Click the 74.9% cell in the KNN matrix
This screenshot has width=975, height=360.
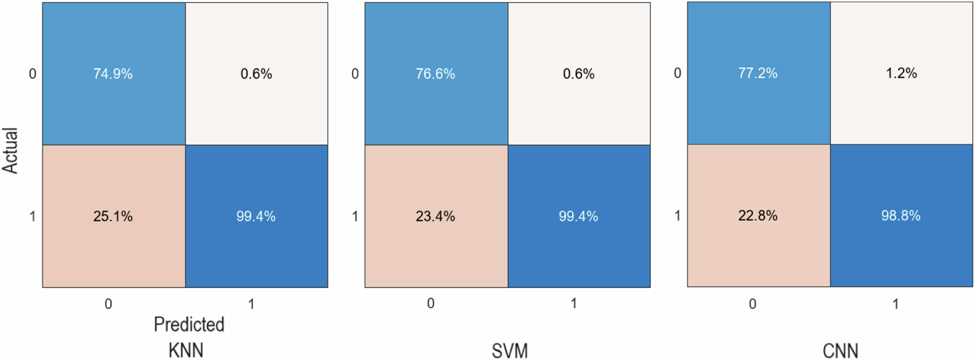coord(113,74)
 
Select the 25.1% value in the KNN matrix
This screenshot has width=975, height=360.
coord(113,216)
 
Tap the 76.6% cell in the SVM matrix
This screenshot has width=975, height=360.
coord(435,74)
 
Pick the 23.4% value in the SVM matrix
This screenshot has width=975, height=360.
coord(435,216)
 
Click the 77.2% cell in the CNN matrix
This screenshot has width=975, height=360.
coord(758,73)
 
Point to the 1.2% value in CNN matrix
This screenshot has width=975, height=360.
coord(901,73)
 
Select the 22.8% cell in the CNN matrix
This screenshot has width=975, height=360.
coord(758,216)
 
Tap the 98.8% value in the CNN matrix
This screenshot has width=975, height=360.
coord(901,216)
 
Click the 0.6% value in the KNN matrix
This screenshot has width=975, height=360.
coord(256,74)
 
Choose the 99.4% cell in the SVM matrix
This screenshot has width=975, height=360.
coord(578,216)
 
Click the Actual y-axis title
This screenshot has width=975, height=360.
coord(11,150)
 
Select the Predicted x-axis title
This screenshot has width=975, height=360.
coord(189,324)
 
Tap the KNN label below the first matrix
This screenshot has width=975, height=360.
coord(186,350)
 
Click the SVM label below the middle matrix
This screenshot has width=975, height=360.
coord(509,351)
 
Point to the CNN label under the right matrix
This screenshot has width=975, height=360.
coord(840,351)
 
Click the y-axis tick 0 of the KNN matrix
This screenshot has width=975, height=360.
coord(32,74)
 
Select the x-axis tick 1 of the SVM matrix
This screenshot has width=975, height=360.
coord(574,303)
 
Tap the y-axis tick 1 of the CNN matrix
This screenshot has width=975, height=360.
coord(677,216)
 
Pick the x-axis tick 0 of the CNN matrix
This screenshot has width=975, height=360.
coord(752,304)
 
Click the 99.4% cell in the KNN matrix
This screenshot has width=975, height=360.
coord(256,216)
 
